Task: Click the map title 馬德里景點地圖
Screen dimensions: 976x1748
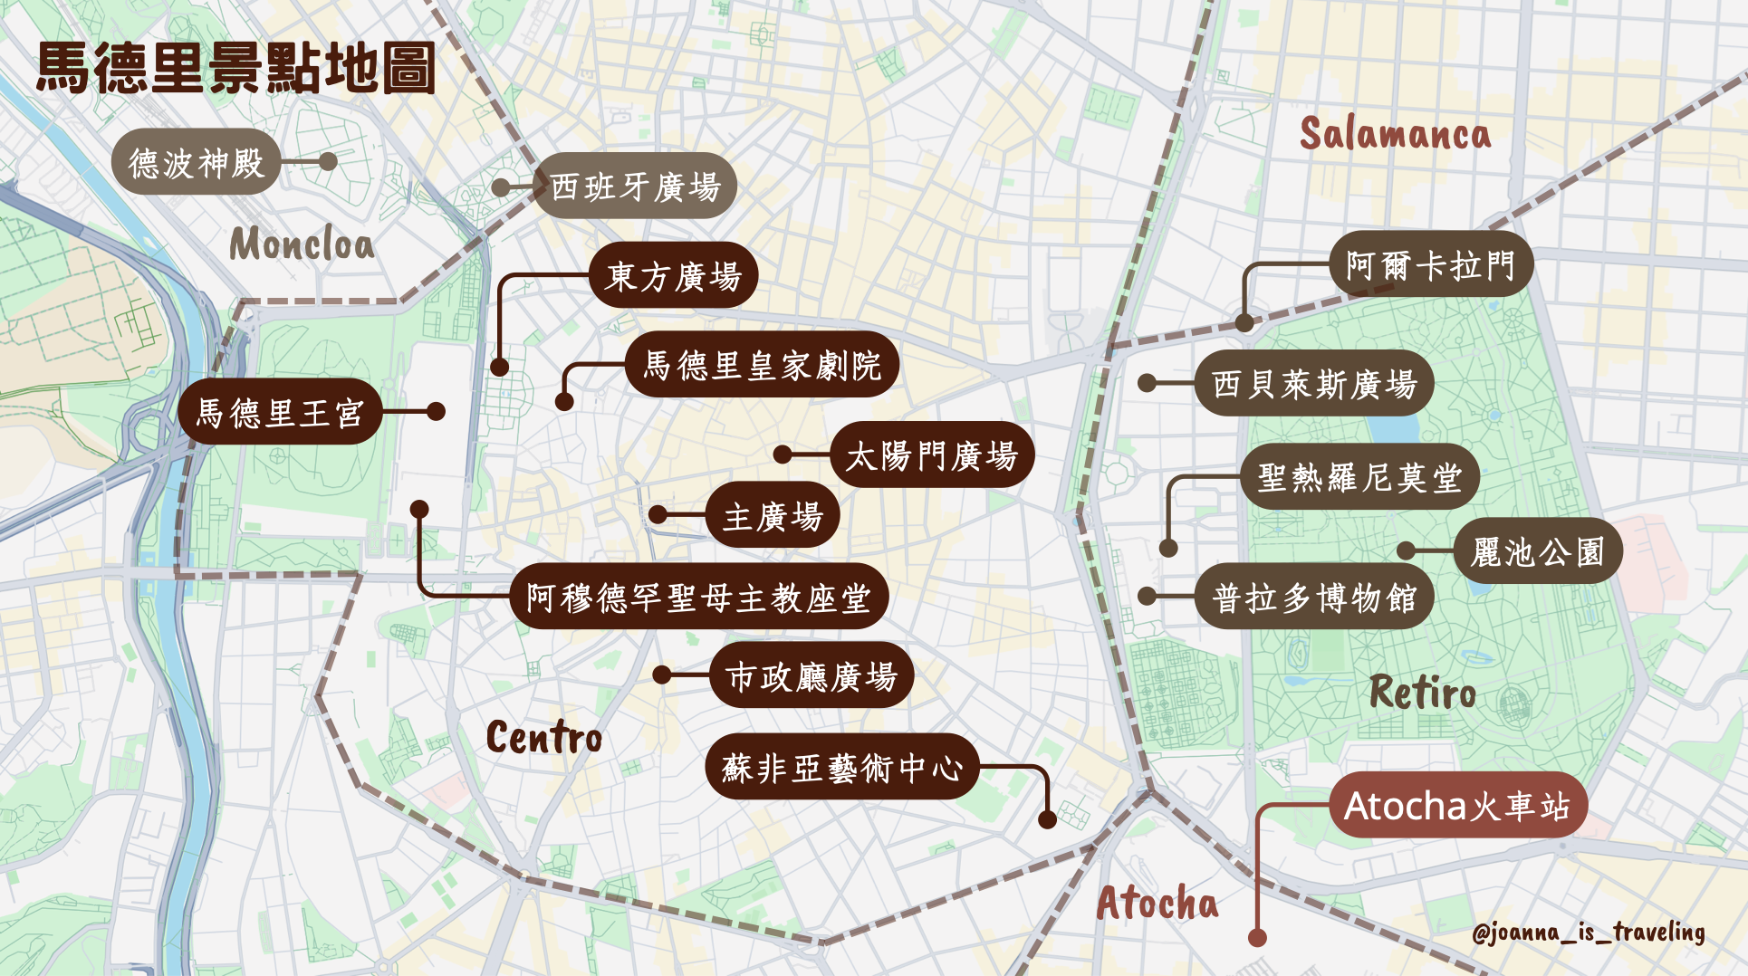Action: click(235, 69)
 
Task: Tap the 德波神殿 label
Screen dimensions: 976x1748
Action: click(196, 163)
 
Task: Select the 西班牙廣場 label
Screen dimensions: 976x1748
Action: click(635, 187)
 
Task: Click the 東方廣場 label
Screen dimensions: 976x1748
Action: click(673, 275)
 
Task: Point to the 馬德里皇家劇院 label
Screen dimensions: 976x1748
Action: click(762, 365)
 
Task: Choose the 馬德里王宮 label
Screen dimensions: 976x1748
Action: click(280, 412)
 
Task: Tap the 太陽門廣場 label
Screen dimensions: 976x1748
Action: click(932, 455)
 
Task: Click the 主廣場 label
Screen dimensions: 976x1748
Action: click(773, 515)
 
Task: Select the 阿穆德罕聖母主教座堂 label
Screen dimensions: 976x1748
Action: click(698, 597)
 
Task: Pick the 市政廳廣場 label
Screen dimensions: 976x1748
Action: click(812, 675)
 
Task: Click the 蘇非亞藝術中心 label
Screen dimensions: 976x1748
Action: click(842, 767)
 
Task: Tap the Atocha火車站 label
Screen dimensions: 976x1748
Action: click(1457, 805)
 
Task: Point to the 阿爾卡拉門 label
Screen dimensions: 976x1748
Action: click(1431, 264)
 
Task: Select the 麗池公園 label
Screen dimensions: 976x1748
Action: click(1538, 550)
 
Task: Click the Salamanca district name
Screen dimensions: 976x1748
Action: click(1395, 134)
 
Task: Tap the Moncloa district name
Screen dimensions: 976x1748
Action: click(302, 244)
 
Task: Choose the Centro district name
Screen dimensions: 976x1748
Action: click(543, 737)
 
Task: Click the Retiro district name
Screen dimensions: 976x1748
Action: click(1422, 693)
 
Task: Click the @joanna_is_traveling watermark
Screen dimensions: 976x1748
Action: click(1588, 932)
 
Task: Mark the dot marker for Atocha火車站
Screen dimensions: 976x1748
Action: click(1257, 938)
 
